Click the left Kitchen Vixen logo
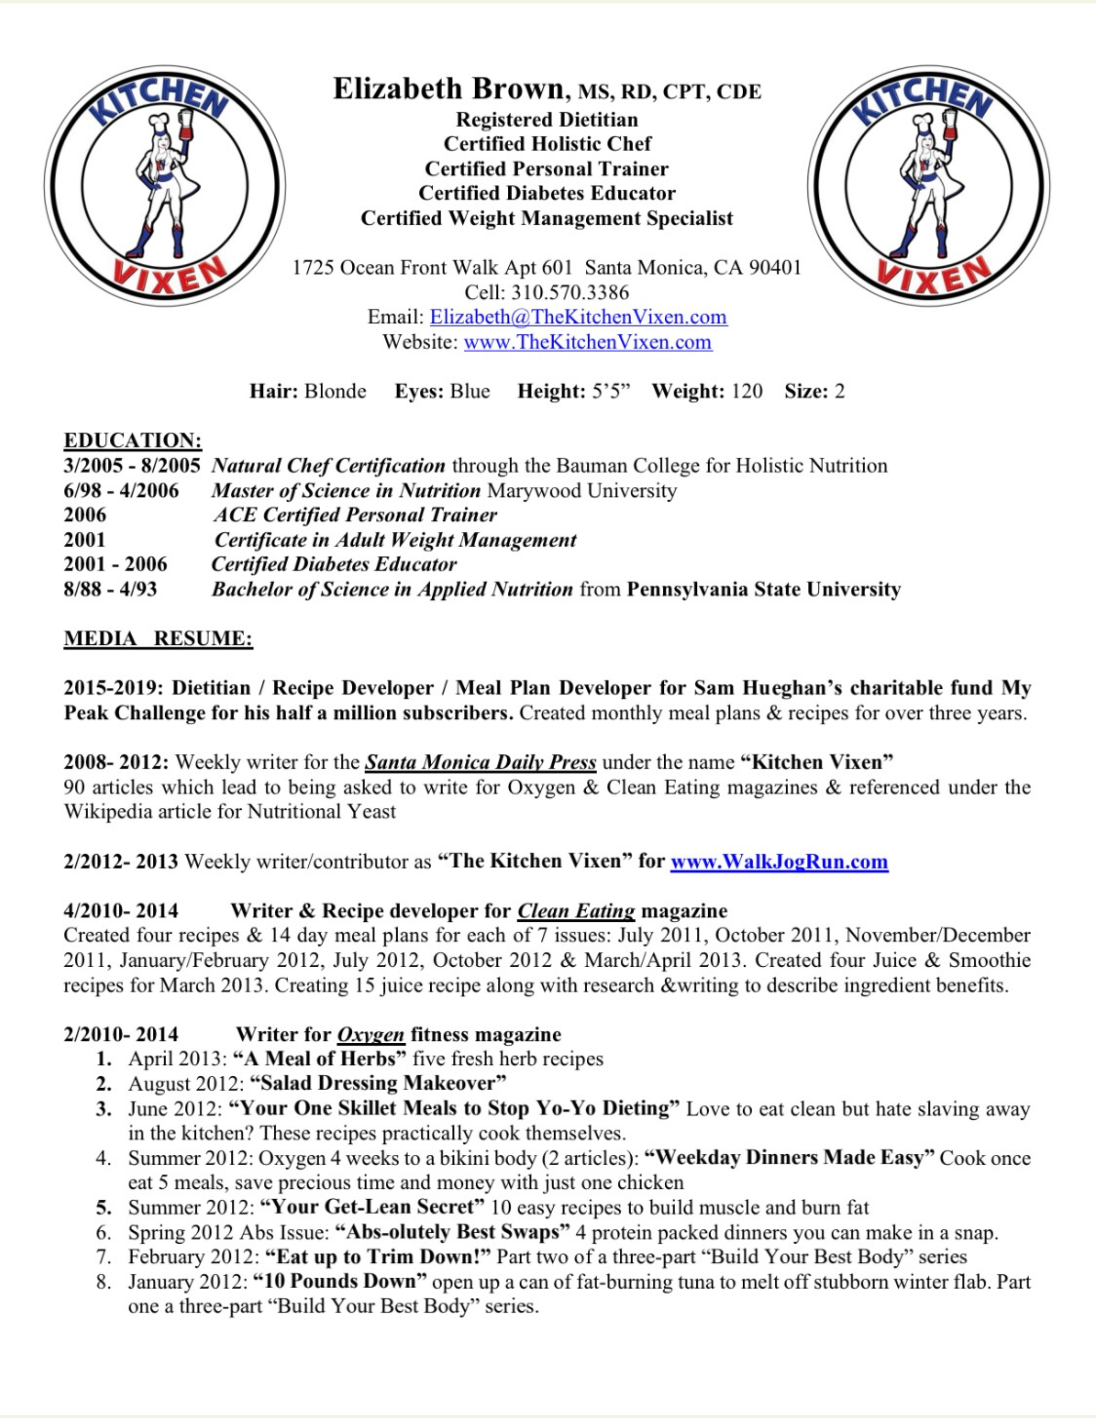[x=165, y=186]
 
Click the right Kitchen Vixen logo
[x=929, y=186]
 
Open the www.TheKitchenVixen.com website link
[x=588, y=342]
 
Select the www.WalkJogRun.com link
[x=779, y=862]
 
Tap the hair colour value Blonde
[x=335, y=391]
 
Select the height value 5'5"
[x=611, y=391]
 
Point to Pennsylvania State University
[x=764, y=589]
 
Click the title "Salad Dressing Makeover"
[x=378, y=1084]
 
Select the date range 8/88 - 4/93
[x=110, y=589]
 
